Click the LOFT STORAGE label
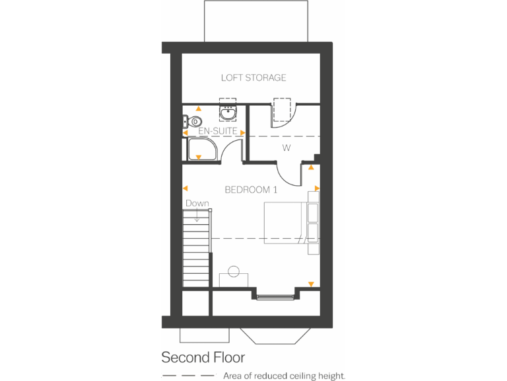pyautogui.click(x=253, y=78)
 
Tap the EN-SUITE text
pyautogui.click(x=217, y=132)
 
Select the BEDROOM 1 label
pyautogui.click(x=251, y=190)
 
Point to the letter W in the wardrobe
pyautogui.click(x=287, y=148)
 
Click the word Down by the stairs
pyautogui.click(x=197, y=204)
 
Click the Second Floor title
pyautogui.click(x=203, y=358)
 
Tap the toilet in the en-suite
pyautogui.click(x=193, y=122)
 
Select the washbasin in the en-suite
pyautogui.click(x=228, y=112)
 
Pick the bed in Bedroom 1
pyautogui.click(x=287, y=223)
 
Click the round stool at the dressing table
pyautogui.click(x=234, y=270)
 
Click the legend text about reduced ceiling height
pyautogui.click(x=284, y=376)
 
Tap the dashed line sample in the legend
pyautogui.click(x=188, y=376)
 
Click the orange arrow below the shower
pyautogui.click(x=199, y=157)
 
